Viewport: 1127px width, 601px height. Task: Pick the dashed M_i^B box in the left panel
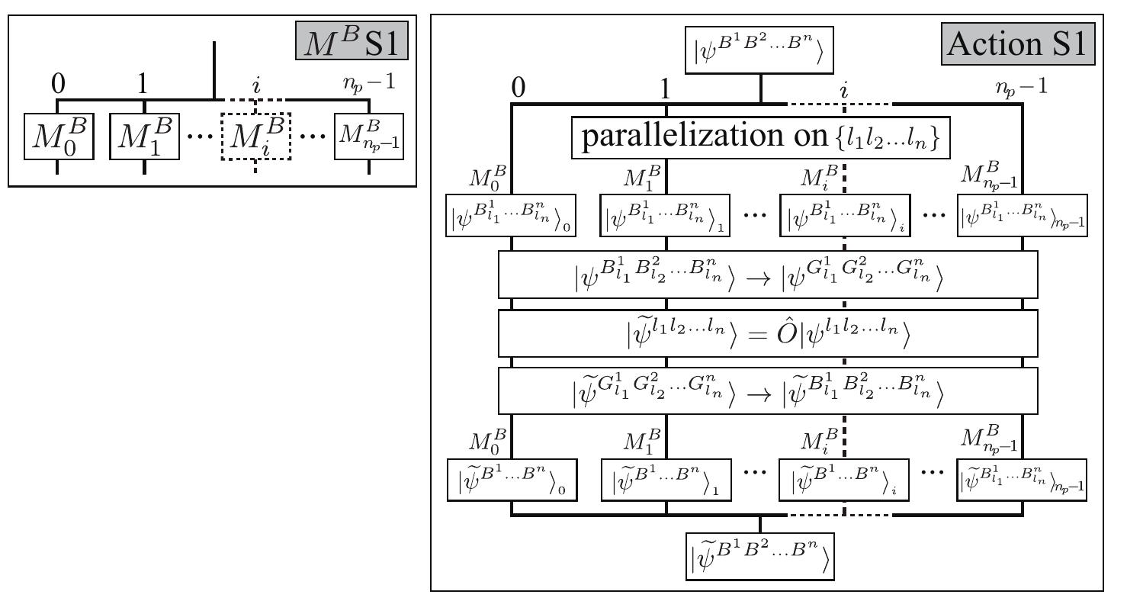pyautogui.click(x=255, y=137)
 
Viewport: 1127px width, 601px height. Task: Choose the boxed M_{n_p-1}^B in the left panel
pyautogui.click(x=370, y=138)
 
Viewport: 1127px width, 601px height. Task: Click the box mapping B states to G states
pyautogui.click(x=769, y=275)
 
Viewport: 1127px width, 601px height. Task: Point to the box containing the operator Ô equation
pyautogui.click(x=769, y=333)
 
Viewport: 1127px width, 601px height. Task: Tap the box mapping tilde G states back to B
pyautogui.click(x=769, y=390)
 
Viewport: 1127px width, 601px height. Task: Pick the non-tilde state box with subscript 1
pyautogui.click(x=666, y=216)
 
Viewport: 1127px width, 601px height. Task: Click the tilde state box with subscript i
pyautogui.click(x=845, y=481)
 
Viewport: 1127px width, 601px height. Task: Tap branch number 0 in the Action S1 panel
pyautogui.click(x=518, y=88)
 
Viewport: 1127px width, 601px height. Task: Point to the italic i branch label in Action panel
pyautogui.click(x=844, y=88)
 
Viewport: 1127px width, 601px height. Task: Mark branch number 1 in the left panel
pyautogui.click(x=143, y=84)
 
